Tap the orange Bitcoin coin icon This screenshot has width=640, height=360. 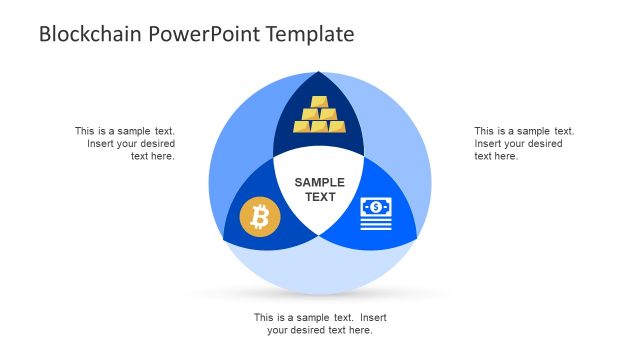coord(260,216)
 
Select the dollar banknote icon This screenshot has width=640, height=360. coord(376,215)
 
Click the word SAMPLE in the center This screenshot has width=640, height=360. coord(319,182)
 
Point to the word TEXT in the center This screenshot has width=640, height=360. coord(320,197)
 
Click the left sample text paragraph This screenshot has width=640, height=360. coord(125,143)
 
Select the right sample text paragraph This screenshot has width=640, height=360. coord(523,143)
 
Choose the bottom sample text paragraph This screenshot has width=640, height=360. coord(320,323)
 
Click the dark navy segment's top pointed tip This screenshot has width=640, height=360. coord(320,73)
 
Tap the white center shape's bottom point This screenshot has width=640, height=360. coord(320,237)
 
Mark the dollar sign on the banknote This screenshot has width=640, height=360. coord(376,207)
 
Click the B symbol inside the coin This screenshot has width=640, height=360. coord(260,216)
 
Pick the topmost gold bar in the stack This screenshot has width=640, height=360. coord(319,102)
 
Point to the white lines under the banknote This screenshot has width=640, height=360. coord(376,225)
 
